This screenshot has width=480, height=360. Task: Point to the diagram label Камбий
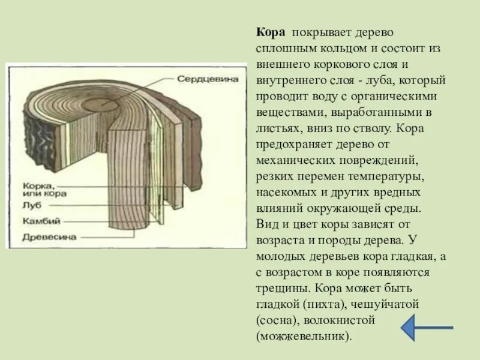point(41,221)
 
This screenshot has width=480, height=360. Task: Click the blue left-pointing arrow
point(427,328)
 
